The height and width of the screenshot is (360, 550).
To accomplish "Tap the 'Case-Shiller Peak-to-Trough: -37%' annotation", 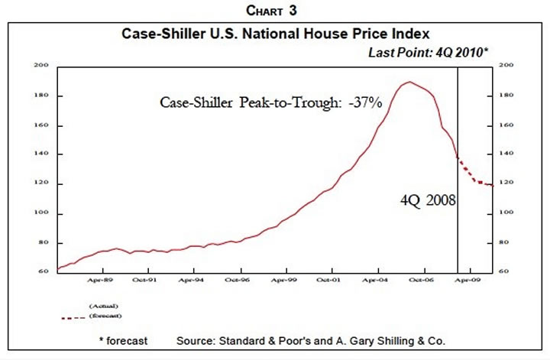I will click(270, 102).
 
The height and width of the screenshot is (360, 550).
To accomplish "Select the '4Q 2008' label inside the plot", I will click(429, 202).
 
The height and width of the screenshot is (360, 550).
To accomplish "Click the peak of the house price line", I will click(410, 82).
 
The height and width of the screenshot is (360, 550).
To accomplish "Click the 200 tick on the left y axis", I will click(42, 66).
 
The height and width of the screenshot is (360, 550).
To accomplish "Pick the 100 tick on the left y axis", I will click(42, 213).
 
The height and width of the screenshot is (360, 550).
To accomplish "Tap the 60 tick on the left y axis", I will click(44, 272).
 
